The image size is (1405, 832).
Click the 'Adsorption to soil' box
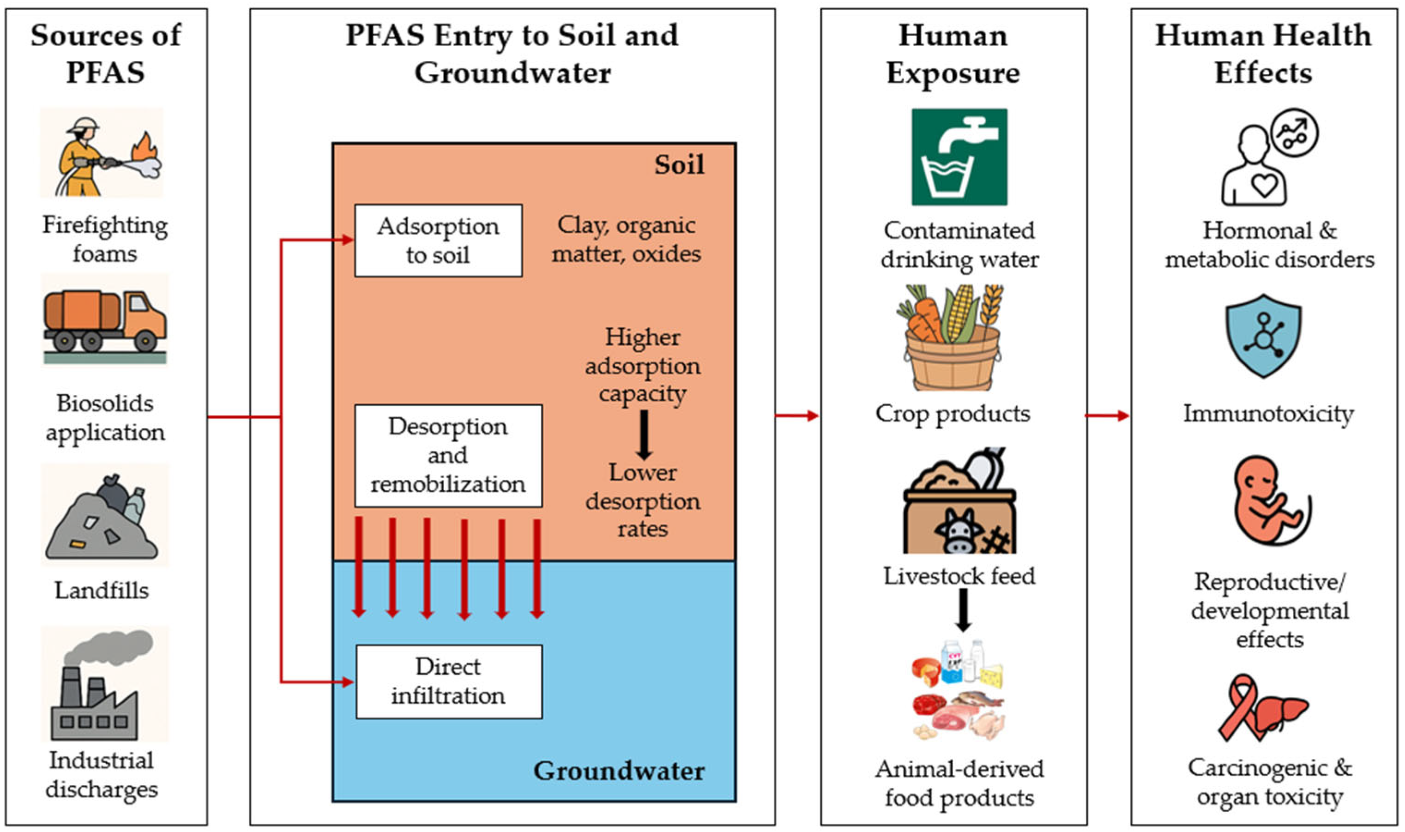click(x=439, y=241)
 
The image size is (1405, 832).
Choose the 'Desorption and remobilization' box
click(x=448, y=455)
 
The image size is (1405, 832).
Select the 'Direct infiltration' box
click(x=449, y=681)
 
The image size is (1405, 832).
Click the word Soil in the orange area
click(x=679, y=165)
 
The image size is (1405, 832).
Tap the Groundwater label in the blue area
click(x=619, y=771)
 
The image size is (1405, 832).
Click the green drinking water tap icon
click(x=959, y=157)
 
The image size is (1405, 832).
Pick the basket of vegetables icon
click(x=953, y=338)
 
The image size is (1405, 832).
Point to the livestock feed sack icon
click(x=959, y=500)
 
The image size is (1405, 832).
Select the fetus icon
click(x=1272, y=500)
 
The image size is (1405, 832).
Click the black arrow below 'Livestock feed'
click(x=963, y=610)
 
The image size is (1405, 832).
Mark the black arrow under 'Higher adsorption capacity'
click(x=644, y=434)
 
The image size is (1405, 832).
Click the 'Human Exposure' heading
click(x=953, y=54)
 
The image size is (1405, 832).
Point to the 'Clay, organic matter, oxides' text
click(x=626, y=239)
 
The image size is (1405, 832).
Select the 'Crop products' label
click(x=953, y=414)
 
